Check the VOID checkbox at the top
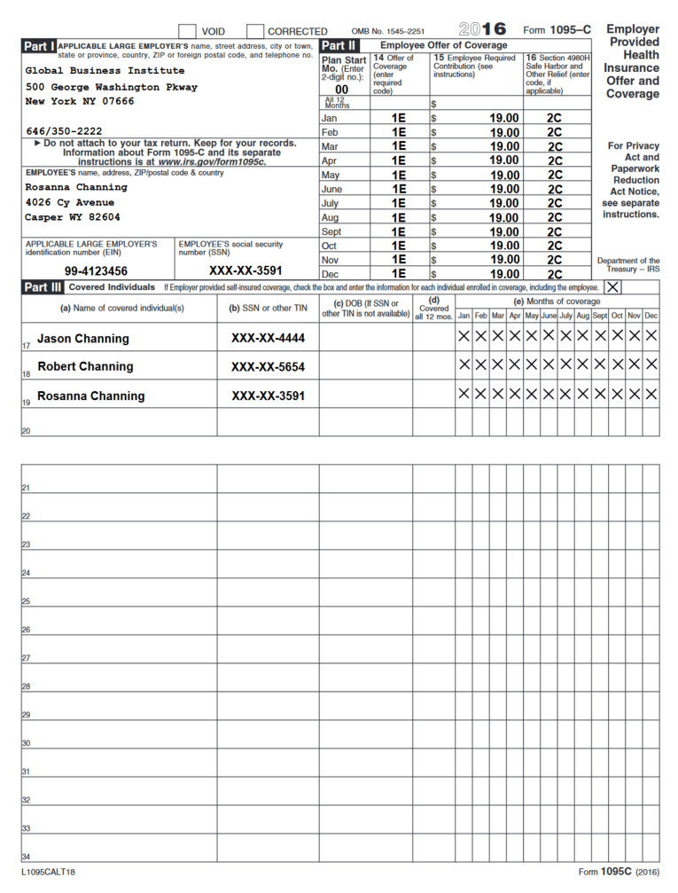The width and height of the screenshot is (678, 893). tap(187, 31)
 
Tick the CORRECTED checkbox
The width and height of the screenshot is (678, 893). tap(254, 31)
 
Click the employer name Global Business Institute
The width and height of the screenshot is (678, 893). tap(105, 71)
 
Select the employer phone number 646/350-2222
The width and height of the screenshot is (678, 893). tap(64, 131)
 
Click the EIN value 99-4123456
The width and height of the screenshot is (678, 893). tap(96, 271)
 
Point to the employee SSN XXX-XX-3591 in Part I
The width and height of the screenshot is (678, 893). tap(245, 271)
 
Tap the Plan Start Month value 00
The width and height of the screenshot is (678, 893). tap(342, 90)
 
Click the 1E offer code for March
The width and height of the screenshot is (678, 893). tap(399, 146)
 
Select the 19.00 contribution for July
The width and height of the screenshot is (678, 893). tap(504, 203)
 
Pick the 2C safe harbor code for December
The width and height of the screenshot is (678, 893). tap(555, 274)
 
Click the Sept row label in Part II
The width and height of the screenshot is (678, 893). tap(331, 231)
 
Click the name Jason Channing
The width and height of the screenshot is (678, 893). tap(82, 339)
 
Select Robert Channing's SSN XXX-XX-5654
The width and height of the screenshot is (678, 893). tap(268, 367)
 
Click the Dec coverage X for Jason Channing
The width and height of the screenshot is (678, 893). tap(651, 336)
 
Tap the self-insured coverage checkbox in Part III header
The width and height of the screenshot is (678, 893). tap(612, 287)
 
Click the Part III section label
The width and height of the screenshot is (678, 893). tap(43, 287)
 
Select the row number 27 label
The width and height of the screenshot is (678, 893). tap(26, 659)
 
